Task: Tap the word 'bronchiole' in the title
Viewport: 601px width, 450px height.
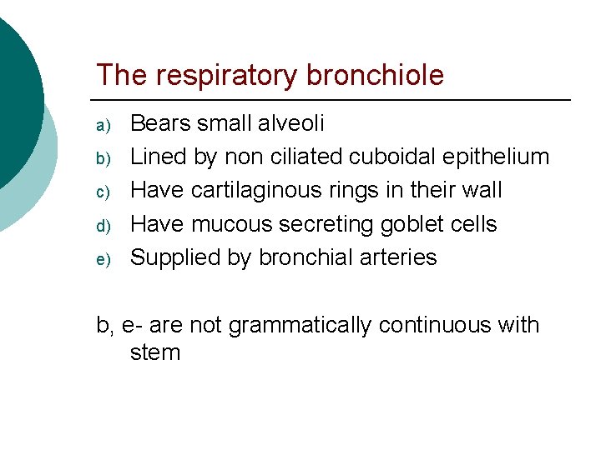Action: [376, 76]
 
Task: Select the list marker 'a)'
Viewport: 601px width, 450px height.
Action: [102, 126]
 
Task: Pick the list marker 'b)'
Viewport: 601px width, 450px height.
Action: [102, 159]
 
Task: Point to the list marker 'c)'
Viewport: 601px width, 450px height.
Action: [102, 192]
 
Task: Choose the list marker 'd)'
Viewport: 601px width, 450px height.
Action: [102, 226]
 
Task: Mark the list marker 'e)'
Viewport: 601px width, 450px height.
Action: [102, 259]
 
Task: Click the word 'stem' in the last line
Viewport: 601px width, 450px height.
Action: [155, 352]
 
